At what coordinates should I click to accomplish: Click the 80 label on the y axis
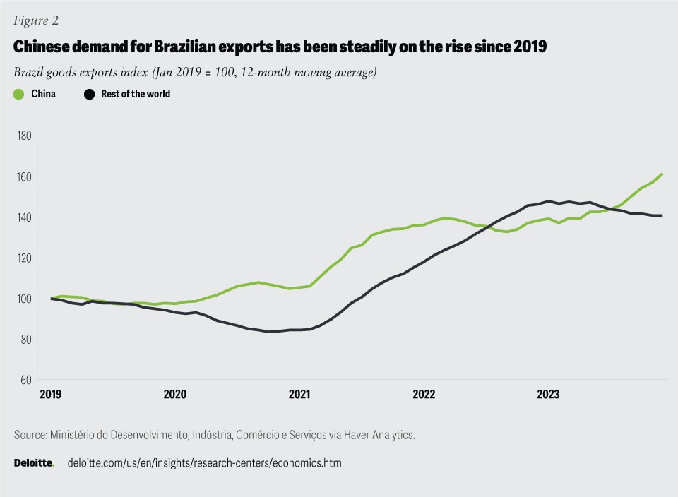pos(25,339)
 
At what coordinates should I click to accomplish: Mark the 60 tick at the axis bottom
pos(25,380)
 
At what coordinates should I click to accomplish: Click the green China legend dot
pos(19,94)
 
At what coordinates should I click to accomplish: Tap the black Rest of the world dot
pos(89,94)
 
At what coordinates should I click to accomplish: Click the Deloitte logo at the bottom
pos(34,463)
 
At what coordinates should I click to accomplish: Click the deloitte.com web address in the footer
pos(206,463)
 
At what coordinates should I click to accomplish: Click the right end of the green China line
pos(662,174)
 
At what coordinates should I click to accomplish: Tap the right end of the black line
pos(662,215)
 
